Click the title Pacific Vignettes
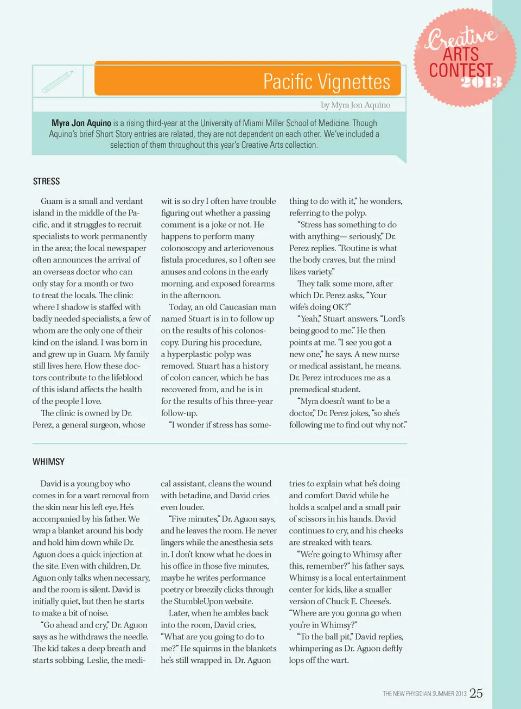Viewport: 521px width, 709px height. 326,81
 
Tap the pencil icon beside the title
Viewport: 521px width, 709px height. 58,81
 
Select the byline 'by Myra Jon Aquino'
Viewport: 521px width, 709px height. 355,105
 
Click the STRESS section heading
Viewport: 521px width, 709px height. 46,181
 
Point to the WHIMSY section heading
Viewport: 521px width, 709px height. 48,462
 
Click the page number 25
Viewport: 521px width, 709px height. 476,693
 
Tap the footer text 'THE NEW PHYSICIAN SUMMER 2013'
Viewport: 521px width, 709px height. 424,694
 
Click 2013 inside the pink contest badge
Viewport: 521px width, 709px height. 481,83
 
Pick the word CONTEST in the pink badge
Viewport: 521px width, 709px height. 461,70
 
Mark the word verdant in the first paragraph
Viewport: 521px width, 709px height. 126,201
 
